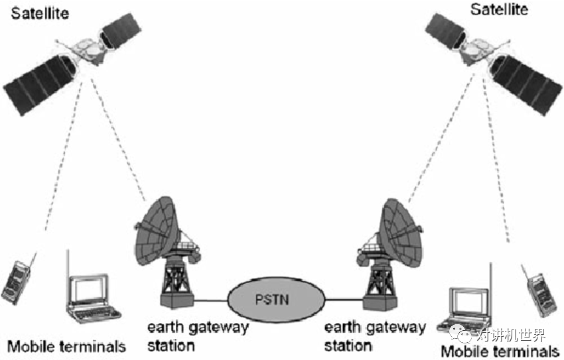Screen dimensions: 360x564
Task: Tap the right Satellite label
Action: pos(499,9)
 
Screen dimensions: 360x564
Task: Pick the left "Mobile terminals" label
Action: pos(66,346)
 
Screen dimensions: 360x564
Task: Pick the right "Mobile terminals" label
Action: pos(500,352)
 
